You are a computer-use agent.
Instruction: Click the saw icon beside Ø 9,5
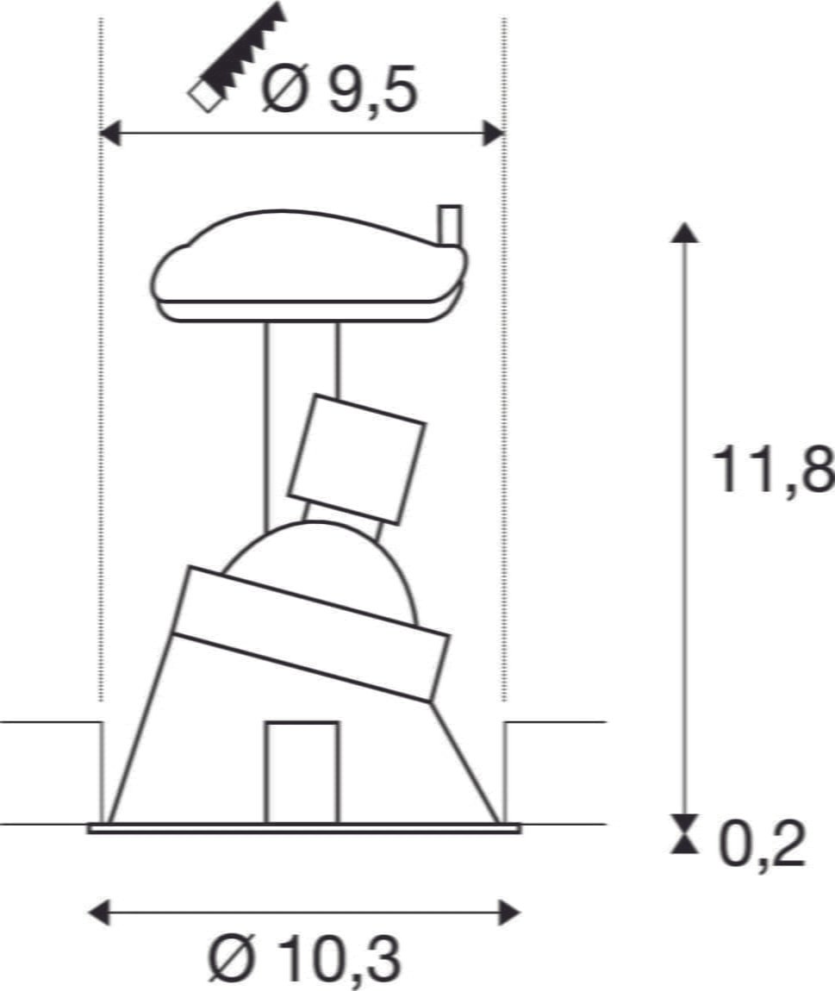click(x=237, y=58)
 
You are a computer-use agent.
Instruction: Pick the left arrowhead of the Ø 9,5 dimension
click(x=110, y=134)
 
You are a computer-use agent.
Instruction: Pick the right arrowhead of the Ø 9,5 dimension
click(x=494, y=134)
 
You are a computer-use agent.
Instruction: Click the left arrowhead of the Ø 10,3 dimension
click(x=98, y=913)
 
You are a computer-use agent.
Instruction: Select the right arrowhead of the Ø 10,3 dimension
click(x=509, y=913)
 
